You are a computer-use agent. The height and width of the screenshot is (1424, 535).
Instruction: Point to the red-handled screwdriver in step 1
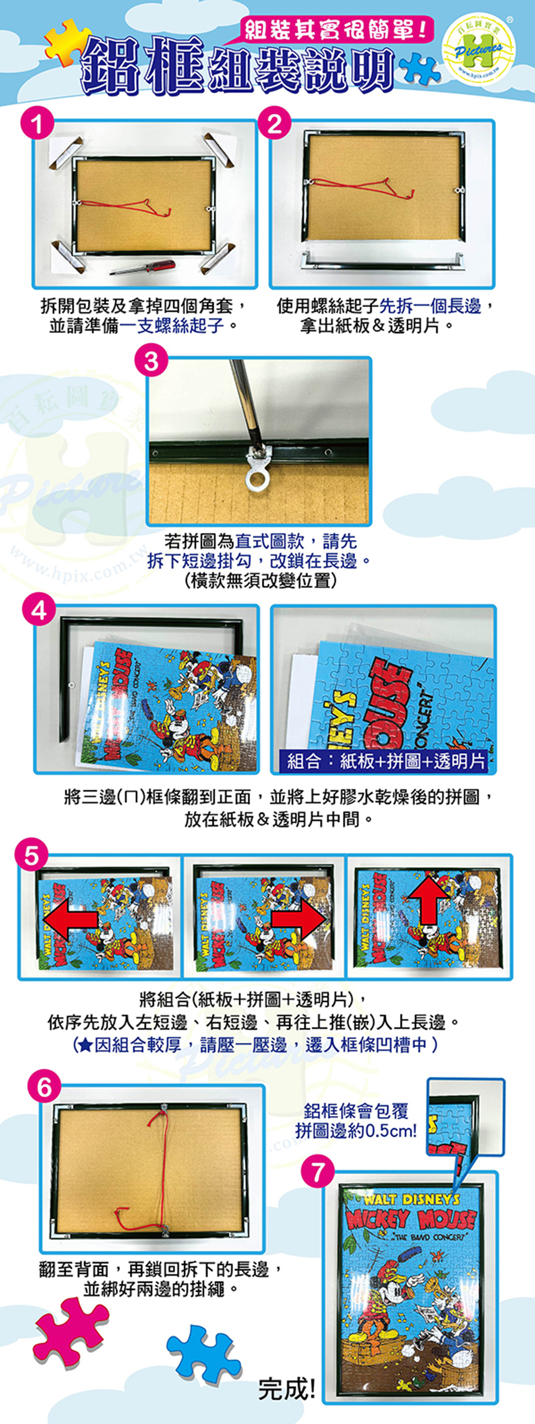tap(143, 267)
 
